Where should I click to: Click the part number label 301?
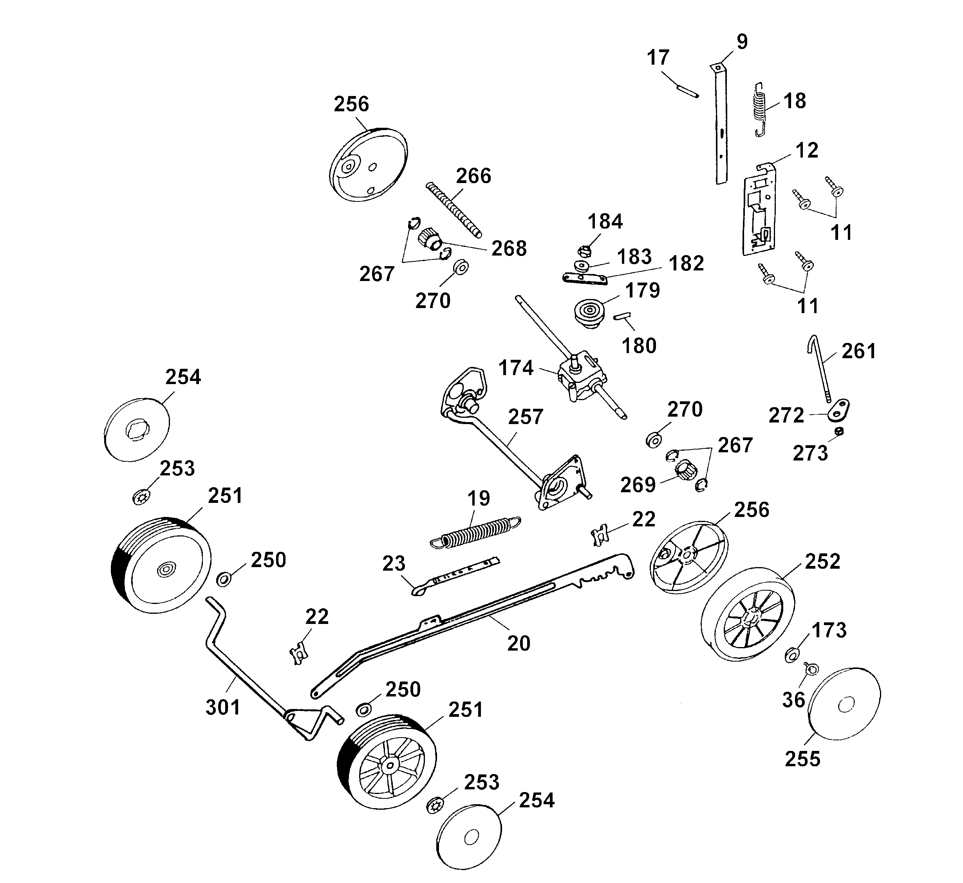222,707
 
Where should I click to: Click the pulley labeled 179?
589,314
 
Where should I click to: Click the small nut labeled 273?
839,431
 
